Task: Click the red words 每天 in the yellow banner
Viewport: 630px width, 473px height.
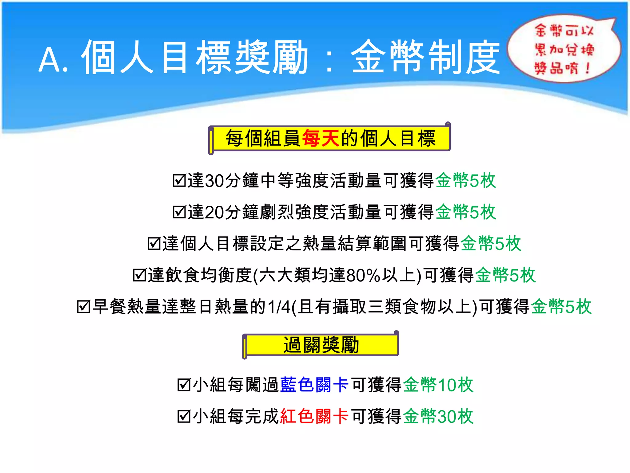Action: tap(321, 138)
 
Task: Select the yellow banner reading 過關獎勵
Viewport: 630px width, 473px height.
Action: tap(321, 345)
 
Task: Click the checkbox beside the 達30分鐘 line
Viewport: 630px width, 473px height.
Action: tap(179, 180)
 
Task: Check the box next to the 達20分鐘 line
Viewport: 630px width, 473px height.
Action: tap(179, 212)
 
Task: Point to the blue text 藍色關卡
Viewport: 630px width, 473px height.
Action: tap(314, 385)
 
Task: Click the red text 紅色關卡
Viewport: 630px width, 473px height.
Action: tap(314, 416)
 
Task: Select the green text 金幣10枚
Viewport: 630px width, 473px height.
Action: tap(438, 385)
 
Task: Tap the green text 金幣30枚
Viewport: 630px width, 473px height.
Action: tap(438, 416)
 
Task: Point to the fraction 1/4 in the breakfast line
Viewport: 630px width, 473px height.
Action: tap(279, 307)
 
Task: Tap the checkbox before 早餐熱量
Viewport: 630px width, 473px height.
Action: tap(83, 307)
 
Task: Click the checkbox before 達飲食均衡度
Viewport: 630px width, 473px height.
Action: tap(139, 275)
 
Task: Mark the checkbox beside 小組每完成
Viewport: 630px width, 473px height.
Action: tap(184, 417)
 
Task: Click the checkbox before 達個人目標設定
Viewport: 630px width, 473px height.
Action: tap(154, 244)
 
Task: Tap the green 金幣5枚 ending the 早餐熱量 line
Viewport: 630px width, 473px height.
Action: tap(561, 307)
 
